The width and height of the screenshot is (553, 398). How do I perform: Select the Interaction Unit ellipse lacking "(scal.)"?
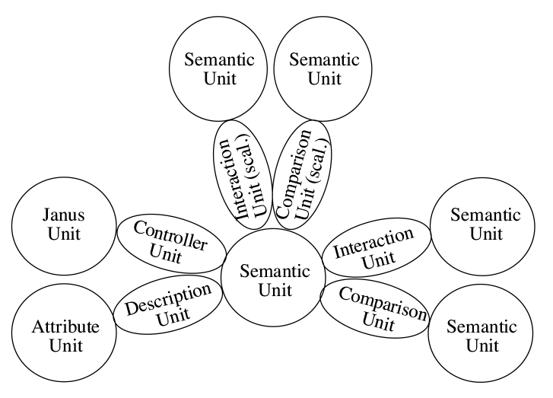tap(368, 249)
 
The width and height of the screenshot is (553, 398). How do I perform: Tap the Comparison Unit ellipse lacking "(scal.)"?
tap(373, 308)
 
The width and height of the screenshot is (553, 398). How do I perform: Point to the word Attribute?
tap(55, 328)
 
